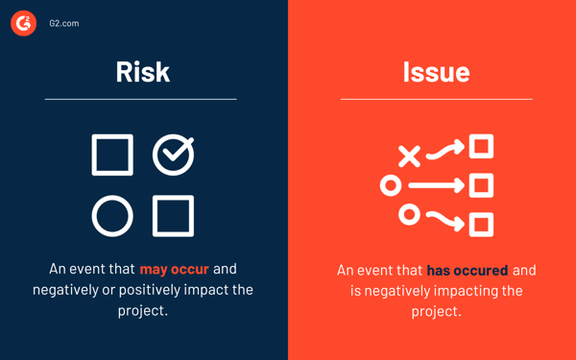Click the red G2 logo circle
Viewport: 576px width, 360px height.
point(23,23)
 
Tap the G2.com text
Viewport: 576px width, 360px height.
point(64,23)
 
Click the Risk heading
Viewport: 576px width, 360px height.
point(143,72)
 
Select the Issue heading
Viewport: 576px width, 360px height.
point(436,72)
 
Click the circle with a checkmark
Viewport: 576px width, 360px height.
point(174,155)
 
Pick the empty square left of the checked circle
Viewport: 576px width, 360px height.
point(112,156)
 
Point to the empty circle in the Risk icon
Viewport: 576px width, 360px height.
point(112,216)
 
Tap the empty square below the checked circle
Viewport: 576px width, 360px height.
point(174,216)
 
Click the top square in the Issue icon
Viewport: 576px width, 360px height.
point(482,146)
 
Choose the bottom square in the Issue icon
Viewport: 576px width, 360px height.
point(482,225)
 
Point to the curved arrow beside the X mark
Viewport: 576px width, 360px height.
point(445,150)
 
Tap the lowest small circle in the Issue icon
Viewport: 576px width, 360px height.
point(409,214)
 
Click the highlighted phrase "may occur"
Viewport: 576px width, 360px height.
point(174,269)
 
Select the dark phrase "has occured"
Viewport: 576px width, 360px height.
point(468,271)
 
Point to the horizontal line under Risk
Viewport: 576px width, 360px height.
point(140,99)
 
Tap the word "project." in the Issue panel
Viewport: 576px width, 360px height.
point(437,311)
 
